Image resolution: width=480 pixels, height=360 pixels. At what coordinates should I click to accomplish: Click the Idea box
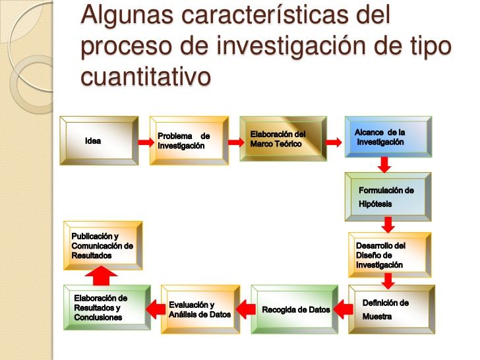(x=99, y=140)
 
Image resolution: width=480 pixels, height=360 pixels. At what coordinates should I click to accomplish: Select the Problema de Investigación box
(x=189, y=140)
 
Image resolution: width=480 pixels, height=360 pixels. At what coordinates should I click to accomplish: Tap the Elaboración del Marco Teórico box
(x=283, y=138)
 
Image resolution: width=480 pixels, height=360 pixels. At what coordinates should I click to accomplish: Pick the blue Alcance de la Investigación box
(x=388, y=137)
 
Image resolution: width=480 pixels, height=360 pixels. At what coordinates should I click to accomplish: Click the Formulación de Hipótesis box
(x=388, y=196)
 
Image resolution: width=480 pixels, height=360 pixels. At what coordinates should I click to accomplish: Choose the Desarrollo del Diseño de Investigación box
(x=390, y=255)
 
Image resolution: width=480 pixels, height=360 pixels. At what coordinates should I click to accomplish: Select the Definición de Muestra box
(x=392, y=309)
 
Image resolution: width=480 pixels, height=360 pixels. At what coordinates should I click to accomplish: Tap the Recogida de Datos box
(x=295, y=309)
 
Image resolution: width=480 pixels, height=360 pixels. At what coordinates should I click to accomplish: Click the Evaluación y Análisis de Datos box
(x=200, y=309)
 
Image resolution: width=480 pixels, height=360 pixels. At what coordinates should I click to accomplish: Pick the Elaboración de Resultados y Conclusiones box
(x=107, y=308)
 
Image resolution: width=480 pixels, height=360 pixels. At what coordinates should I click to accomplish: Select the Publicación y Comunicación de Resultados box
(x=103, y=245)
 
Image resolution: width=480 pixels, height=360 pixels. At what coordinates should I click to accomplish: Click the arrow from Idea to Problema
(x=146, y=142)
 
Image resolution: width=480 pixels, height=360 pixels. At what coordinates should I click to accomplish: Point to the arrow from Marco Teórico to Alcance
(x=334, y=142)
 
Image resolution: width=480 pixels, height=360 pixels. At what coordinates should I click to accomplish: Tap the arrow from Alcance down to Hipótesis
(x=384, y=165)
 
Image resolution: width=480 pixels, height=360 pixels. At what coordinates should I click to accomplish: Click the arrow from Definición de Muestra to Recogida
(x=343, y=309)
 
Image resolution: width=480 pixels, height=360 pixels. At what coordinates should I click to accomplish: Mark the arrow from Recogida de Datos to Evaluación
(x=245, y=309)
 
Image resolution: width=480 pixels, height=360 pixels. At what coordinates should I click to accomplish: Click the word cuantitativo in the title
(x=146, y=76)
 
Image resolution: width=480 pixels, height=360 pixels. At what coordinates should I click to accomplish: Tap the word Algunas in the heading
(x=127, y=15)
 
